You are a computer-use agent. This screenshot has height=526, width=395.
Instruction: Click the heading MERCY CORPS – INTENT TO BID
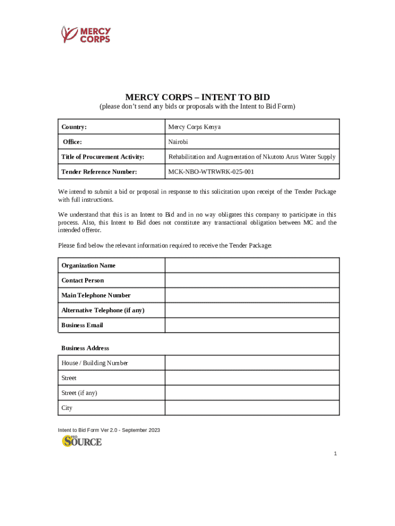tap(197, 97)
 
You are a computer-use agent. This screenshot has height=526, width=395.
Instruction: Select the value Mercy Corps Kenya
tap(194, 127)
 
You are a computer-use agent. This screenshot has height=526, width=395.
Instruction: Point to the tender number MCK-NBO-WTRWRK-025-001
tap(211, 172)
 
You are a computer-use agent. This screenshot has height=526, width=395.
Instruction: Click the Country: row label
tap(74, 127)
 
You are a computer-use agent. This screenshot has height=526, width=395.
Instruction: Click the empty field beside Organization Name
tap(252, 266)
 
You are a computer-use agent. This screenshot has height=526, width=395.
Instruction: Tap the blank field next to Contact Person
tap(252, 280)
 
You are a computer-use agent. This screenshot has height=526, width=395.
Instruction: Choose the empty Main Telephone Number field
tap(252, 295)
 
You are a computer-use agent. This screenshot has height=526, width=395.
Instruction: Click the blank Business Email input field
tap(252, 325)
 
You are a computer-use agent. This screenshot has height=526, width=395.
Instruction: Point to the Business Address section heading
tap(85, 348)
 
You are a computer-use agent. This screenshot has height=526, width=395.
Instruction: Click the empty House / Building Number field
tap(252, 363)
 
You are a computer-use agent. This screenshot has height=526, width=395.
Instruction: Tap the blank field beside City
tap(252, 408)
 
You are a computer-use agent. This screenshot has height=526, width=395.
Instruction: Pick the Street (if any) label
tap(80, 393)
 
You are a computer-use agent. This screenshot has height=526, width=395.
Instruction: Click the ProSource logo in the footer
tap(82, 441)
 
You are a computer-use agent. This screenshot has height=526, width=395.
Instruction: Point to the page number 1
tap(335, 454)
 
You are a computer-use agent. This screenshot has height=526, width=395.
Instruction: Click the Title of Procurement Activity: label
tap(103, 157)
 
